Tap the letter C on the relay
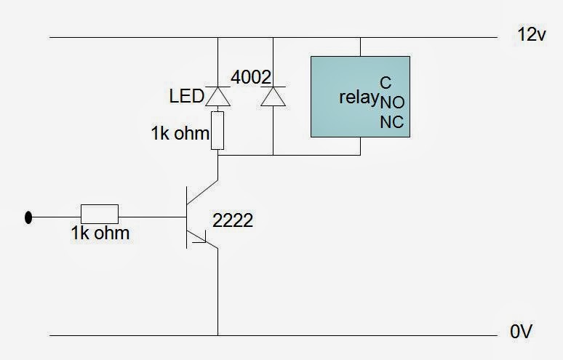tap(386, 82)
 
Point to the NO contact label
tap(391, 103)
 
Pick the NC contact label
tap(391, 123)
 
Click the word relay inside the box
tap(358, 97)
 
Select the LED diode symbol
tap(217, 95)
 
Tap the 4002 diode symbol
tap(273, 96)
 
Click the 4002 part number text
tap(249, 76)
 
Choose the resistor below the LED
tap(217, 129)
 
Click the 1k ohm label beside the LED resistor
tap(180, 134)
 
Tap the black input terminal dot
tap(29, 216)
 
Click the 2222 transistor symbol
tap(198, 216)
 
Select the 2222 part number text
tap(233, 221)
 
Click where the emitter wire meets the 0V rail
tap(217, 335)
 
